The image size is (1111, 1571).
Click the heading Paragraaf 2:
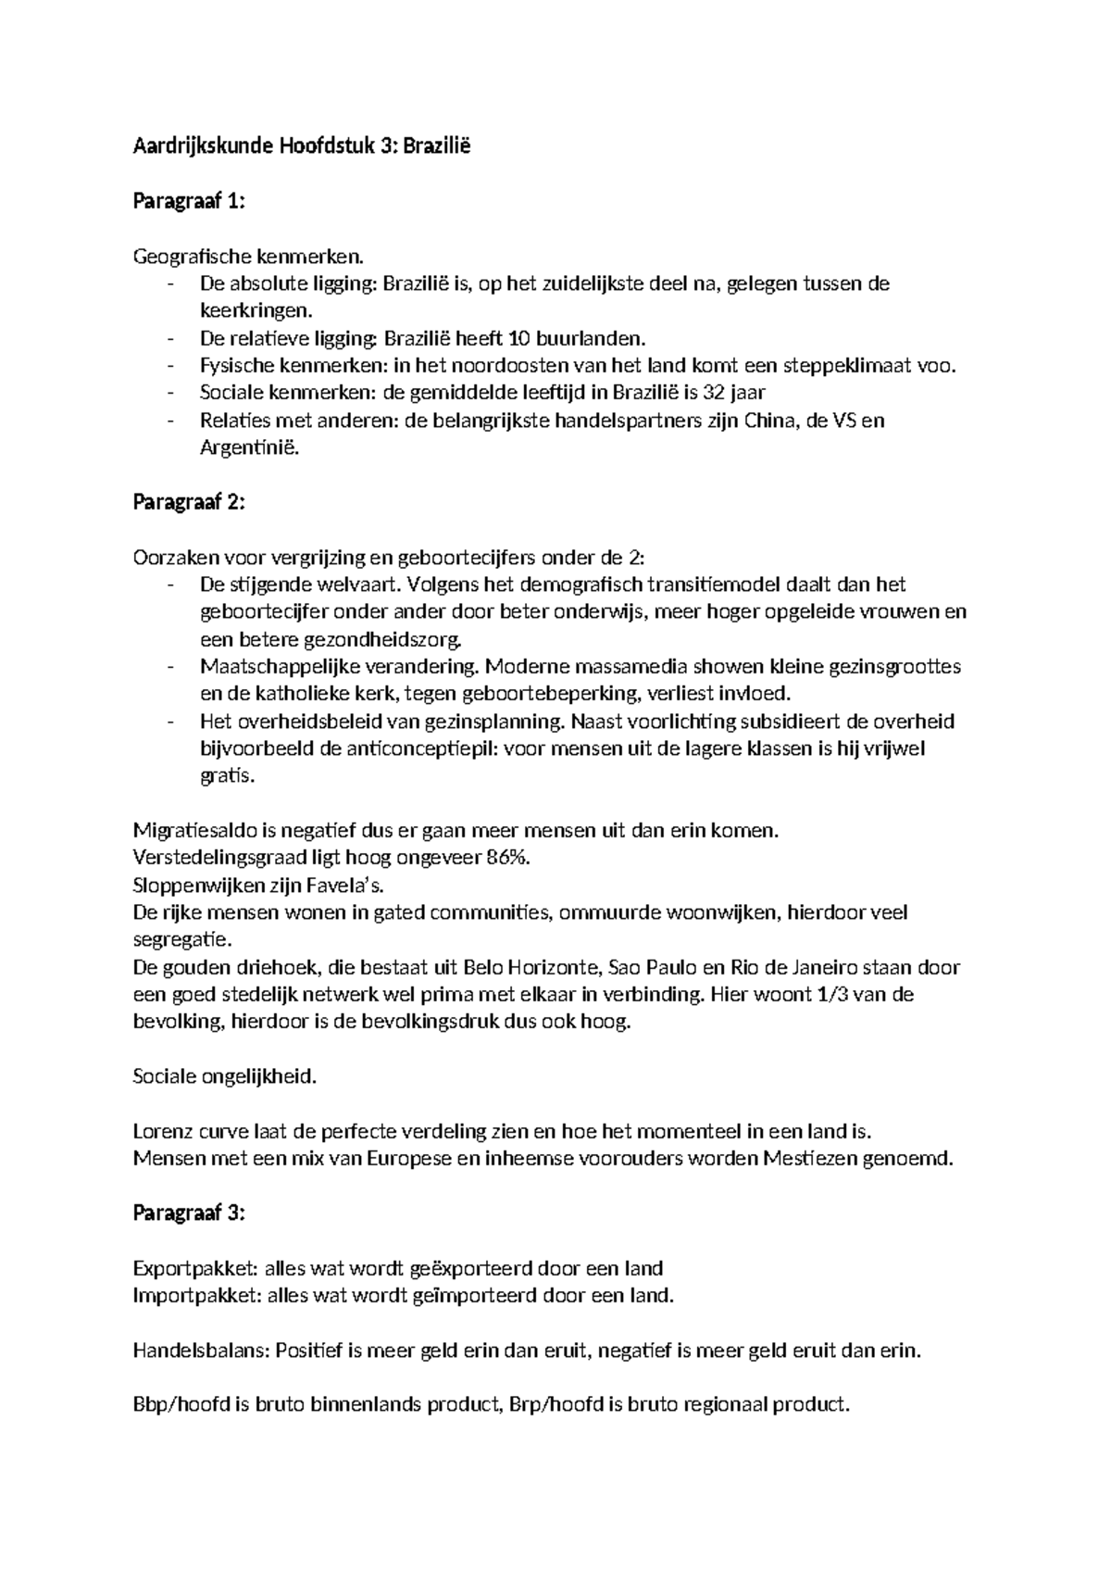click(189, 502)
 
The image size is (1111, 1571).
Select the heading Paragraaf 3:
click(189, 1213)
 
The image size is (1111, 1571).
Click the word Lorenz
click(161, 1131)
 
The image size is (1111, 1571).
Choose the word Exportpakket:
click(196, 1268)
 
